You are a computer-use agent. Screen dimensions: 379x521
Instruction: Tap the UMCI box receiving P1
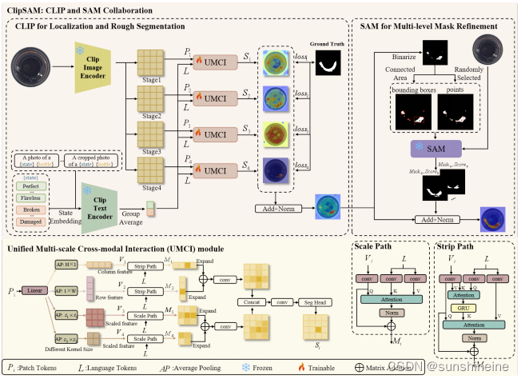click(214, 62)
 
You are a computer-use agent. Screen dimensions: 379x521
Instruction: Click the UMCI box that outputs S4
click(214, 172)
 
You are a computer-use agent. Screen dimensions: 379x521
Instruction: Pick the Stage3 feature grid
click(150, 135)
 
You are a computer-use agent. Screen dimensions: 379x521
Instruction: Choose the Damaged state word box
click(32, 222)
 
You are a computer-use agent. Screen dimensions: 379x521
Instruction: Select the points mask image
click(456, 112)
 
